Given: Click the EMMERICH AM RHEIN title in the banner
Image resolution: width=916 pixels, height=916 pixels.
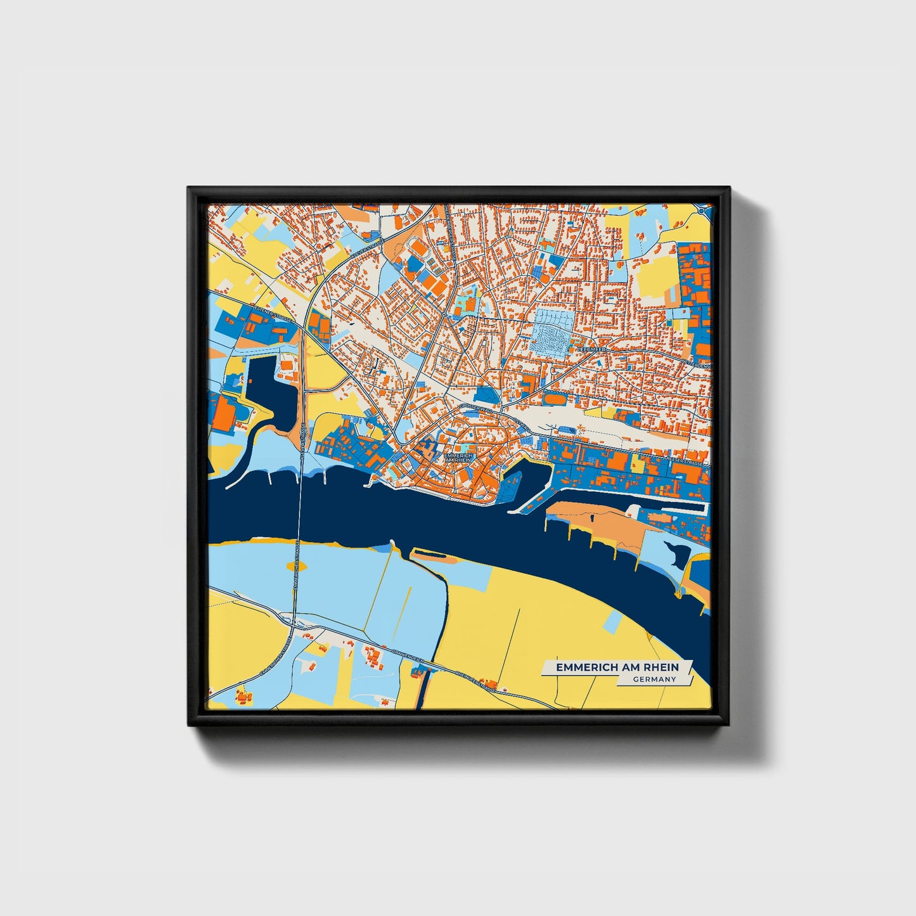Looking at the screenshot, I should (617, 668).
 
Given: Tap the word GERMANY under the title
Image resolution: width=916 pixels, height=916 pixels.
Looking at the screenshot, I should (654, 680).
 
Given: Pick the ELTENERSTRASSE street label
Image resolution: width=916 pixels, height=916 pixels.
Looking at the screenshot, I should (272, 315).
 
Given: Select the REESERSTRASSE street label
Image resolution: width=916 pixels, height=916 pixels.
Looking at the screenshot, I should (685, 461).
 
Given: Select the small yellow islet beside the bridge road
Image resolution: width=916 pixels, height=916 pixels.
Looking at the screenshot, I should (295, 564).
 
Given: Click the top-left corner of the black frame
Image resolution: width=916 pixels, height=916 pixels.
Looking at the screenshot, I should (188, 188).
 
